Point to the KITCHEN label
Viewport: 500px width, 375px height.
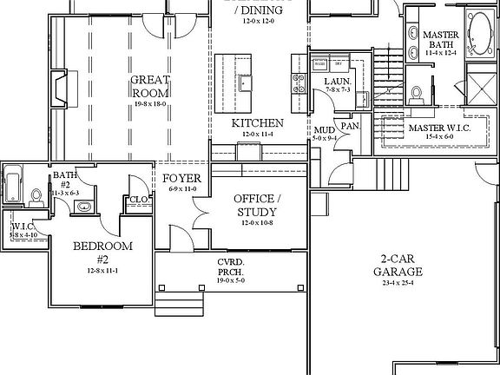coord(257,123)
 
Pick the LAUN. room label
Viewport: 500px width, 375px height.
coord(338,82)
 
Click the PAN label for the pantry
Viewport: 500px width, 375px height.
coord(349,127)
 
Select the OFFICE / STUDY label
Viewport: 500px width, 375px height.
coord(255,206)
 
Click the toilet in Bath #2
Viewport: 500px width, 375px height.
coord(36,196)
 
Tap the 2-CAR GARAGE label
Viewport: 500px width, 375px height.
coord(398,265)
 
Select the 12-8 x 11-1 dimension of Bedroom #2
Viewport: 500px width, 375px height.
coord(102,271)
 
